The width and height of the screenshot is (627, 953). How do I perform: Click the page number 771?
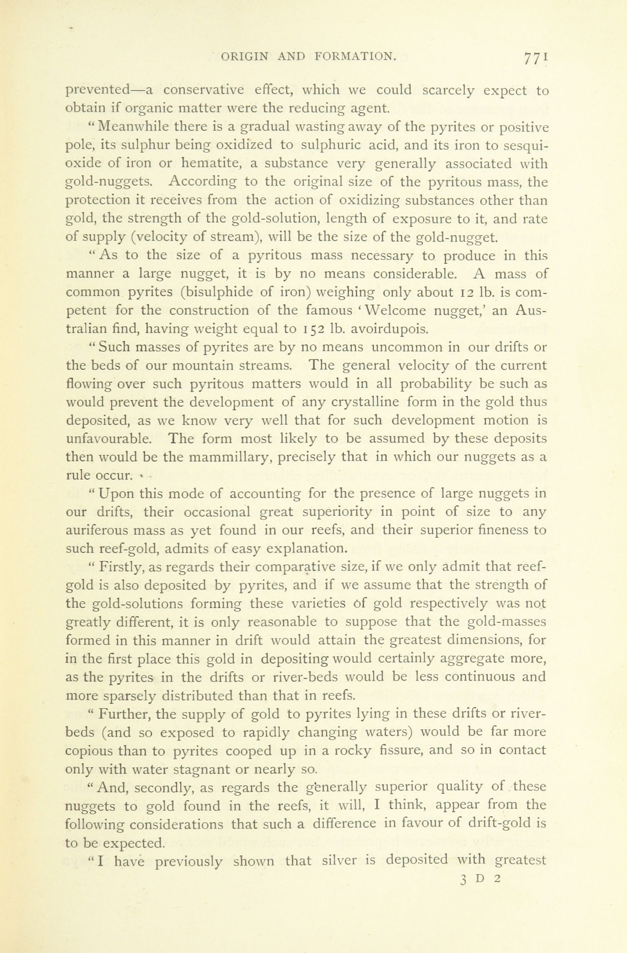point(534,58)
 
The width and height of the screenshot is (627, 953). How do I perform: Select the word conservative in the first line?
point(203,90)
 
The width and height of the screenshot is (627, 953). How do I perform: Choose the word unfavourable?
point(108,439)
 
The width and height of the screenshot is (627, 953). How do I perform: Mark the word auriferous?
point(102,531)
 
